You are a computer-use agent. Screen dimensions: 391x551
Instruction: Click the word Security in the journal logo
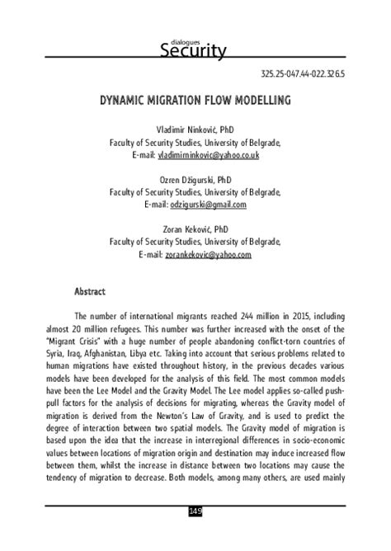pyautogui.click(x=196, y=51)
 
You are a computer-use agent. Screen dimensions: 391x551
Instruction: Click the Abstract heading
pyautogui.click(x=90, y=291)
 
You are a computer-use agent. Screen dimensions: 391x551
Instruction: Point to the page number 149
pyautogui.click(x=195, y=535)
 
